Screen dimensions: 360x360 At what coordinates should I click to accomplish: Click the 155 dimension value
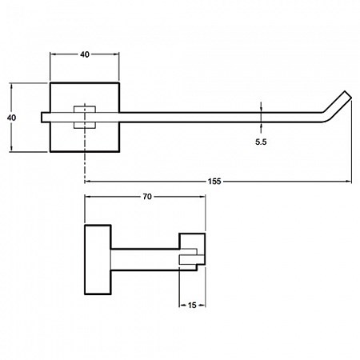214,182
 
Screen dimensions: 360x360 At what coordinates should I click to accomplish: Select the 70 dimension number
147,197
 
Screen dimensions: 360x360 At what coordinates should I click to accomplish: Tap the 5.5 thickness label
261,142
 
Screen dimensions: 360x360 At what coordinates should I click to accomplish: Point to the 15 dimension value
192,305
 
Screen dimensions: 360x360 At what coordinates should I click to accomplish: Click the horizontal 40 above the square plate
85,54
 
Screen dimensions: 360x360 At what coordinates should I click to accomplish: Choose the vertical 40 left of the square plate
11,118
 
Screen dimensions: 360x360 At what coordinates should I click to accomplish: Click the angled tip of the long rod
348,95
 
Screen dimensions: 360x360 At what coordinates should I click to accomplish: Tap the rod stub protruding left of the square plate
46,118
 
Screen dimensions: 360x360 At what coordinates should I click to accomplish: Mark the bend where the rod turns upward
326,116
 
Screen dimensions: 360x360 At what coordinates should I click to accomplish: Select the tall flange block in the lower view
98,260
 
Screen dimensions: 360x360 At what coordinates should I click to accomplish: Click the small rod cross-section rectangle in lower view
191,260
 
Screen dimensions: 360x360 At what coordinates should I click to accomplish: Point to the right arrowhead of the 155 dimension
349,182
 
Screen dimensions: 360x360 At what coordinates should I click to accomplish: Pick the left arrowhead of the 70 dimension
88,197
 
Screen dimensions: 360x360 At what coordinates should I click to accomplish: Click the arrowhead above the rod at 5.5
261,109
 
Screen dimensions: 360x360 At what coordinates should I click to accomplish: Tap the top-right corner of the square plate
119,83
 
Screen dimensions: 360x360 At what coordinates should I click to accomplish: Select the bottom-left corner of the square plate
50,152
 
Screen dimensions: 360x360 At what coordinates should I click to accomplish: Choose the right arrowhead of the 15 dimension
202,305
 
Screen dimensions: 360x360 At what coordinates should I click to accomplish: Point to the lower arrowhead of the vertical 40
11,149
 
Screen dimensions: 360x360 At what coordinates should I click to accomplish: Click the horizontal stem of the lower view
146,260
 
